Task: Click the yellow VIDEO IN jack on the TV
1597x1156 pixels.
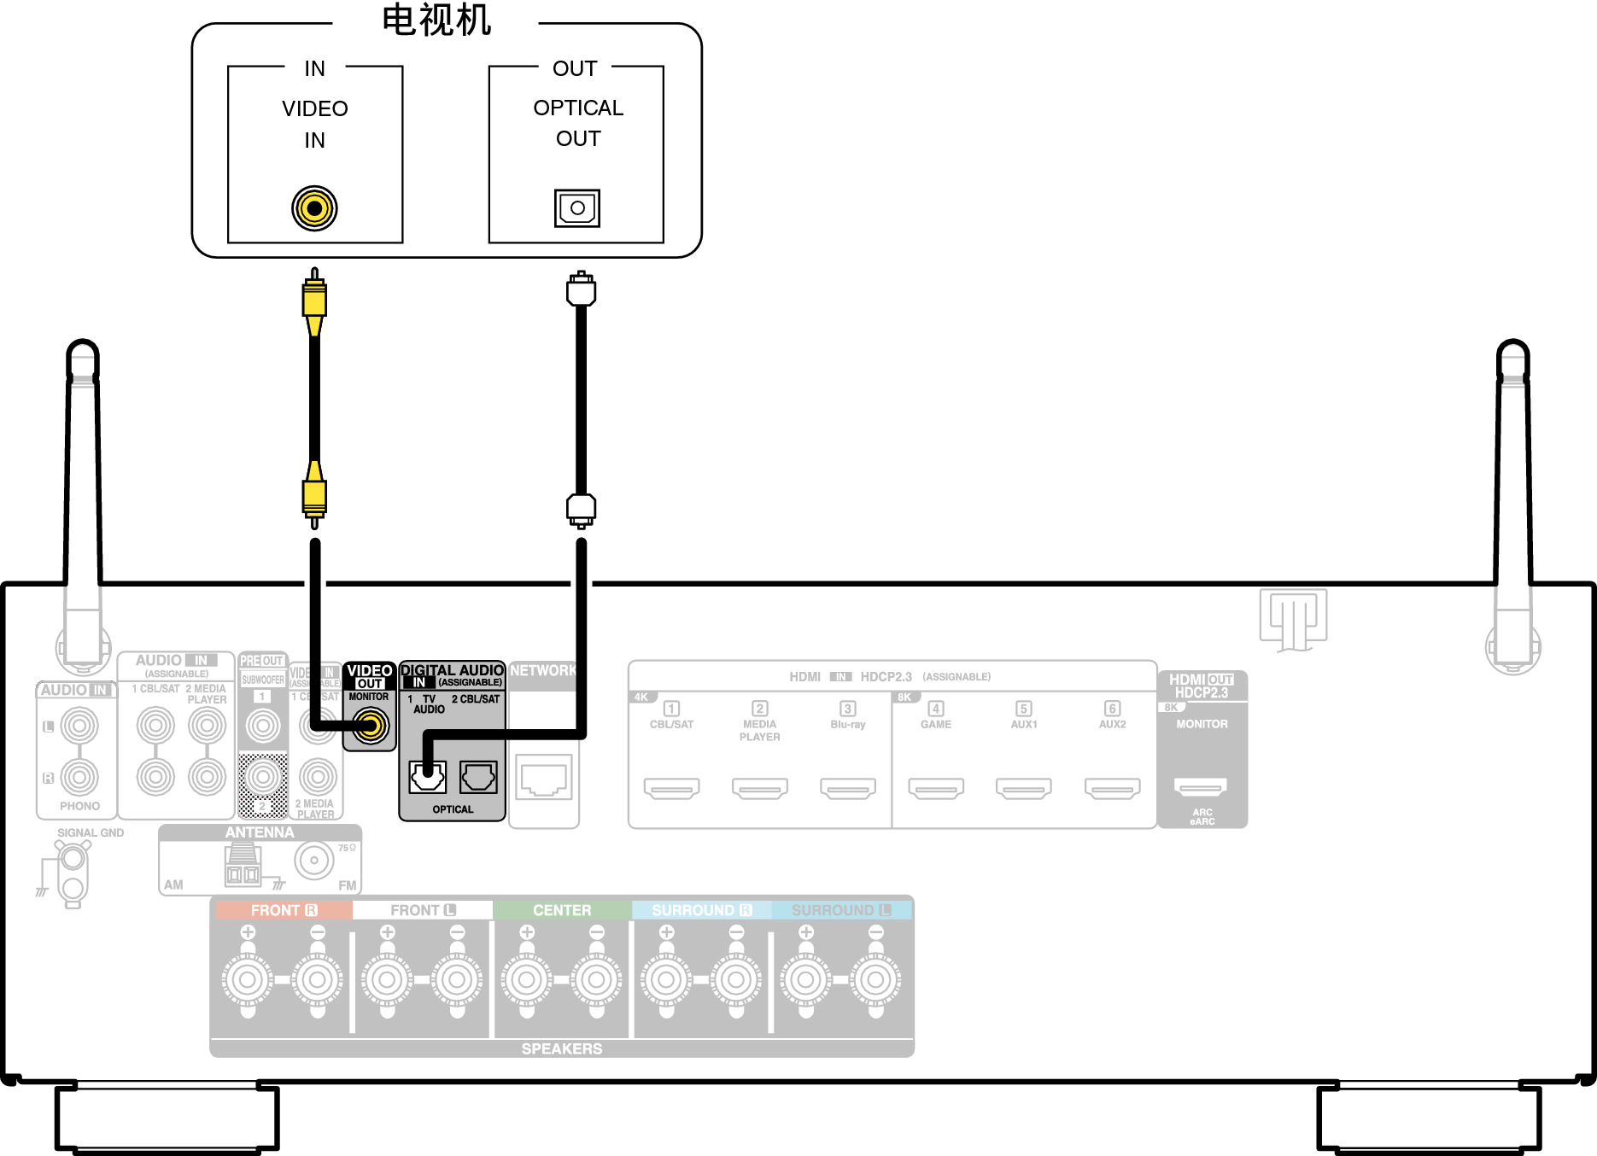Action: coord(314,208)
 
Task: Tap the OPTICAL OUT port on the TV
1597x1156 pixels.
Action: coord(577,208)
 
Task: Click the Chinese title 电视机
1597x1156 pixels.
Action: coord(436,20)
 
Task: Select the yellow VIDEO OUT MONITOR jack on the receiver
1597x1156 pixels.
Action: coord(371,727)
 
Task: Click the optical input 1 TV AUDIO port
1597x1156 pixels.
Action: coord(427,777)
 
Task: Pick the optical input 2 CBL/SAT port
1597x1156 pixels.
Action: coord(478,777)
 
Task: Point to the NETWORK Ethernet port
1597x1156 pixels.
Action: coord(544,779)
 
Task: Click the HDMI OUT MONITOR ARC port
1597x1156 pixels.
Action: coord(1200,786)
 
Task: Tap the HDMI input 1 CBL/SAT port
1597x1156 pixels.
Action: coord(672,788)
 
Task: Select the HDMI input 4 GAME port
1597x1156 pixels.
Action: coord(936,788)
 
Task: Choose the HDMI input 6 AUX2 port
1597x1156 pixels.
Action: coord(1112,788)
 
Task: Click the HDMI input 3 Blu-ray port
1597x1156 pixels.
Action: coord(848,788)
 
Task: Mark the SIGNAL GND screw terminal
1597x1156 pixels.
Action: coord(73,857)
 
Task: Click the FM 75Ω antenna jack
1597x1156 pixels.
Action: coord(314,861)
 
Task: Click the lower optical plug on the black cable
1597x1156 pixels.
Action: coord(581,510)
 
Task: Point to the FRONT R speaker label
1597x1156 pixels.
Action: coord(284,910)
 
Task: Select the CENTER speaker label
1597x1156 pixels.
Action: coord(562,910)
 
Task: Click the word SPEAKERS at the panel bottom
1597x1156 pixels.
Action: coord(562,1048)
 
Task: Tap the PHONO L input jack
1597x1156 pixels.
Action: coord(79,727)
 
